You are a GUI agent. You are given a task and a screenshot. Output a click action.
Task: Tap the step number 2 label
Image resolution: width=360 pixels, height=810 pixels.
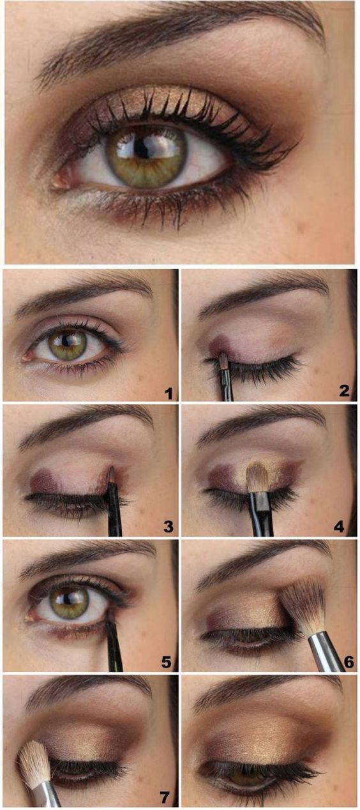[344, 391]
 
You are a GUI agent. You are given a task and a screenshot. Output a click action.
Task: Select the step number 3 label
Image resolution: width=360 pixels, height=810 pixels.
[168, 527]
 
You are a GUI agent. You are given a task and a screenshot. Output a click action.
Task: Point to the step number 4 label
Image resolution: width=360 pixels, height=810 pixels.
[339, 527]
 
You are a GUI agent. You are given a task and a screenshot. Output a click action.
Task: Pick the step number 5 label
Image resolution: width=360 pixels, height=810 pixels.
[167, 662]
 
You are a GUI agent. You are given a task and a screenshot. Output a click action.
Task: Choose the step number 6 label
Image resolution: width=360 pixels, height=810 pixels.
[348, 662]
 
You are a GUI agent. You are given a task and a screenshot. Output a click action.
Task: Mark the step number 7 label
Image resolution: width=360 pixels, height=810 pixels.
[165, 797]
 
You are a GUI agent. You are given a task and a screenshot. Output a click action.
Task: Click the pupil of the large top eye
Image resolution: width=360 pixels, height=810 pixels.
[142, 149]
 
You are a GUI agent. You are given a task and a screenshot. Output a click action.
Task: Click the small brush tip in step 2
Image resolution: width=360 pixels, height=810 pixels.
[223, 362]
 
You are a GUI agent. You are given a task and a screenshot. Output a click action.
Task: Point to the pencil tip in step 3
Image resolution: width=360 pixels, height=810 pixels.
[111, 473]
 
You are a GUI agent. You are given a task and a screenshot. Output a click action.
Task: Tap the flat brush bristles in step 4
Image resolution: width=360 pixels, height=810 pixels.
[257, 477]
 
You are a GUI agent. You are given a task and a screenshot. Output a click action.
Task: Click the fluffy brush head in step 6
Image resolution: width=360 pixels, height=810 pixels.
[303, 603]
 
